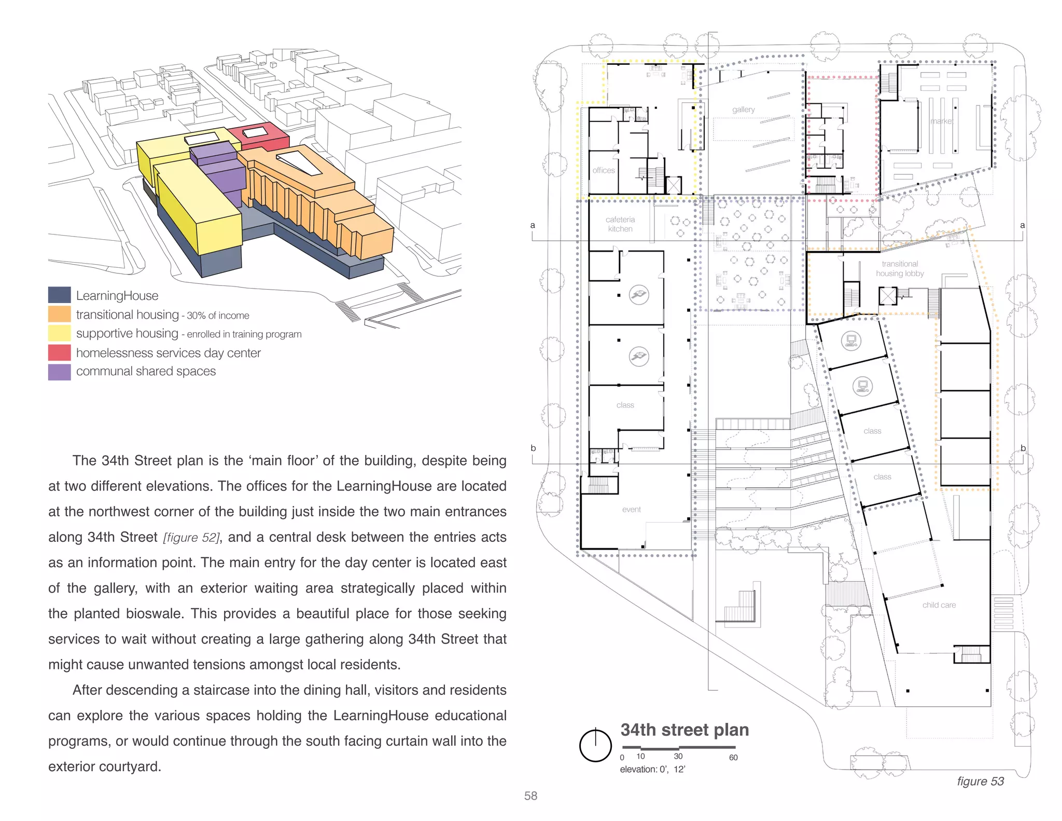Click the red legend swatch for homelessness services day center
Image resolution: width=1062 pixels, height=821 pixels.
click(x=59, y=352)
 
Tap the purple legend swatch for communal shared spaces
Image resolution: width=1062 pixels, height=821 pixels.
click(x=59, y=372)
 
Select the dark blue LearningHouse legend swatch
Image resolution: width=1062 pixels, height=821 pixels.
click(x=59, y=295)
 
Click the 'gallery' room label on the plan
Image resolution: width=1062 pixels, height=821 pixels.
click(x=743, y=110)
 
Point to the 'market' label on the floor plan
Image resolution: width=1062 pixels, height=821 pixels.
click(x=941, y=121)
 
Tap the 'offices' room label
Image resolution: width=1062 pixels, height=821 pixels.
click(x=604, y=170)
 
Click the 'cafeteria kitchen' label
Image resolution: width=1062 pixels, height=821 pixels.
click(x=620, y=224)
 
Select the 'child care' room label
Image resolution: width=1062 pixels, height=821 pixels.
click(x=939, y=605)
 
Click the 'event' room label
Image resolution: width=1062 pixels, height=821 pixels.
click(x=631, y=510)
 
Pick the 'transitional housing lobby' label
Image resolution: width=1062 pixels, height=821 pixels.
click(x=900, y=269)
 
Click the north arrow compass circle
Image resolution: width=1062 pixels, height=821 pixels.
click(x=595, y=746)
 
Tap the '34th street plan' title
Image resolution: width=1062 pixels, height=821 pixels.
click(x=684, y=730)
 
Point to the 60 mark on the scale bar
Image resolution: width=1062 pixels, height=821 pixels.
click(x=733, y=758)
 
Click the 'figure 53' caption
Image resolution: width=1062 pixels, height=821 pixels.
click(x=980, y=781)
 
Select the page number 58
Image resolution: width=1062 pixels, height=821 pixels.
click(x=530, y=796)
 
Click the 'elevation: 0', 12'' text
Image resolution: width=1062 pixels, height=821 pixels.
click(x=652, y=769)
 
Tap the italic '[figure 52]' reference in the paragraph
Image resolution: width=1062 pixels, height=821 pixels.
click(x=191, y=538)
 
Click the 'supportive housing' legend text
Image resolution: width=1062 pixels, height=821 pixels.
click(x=127, y=333)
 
